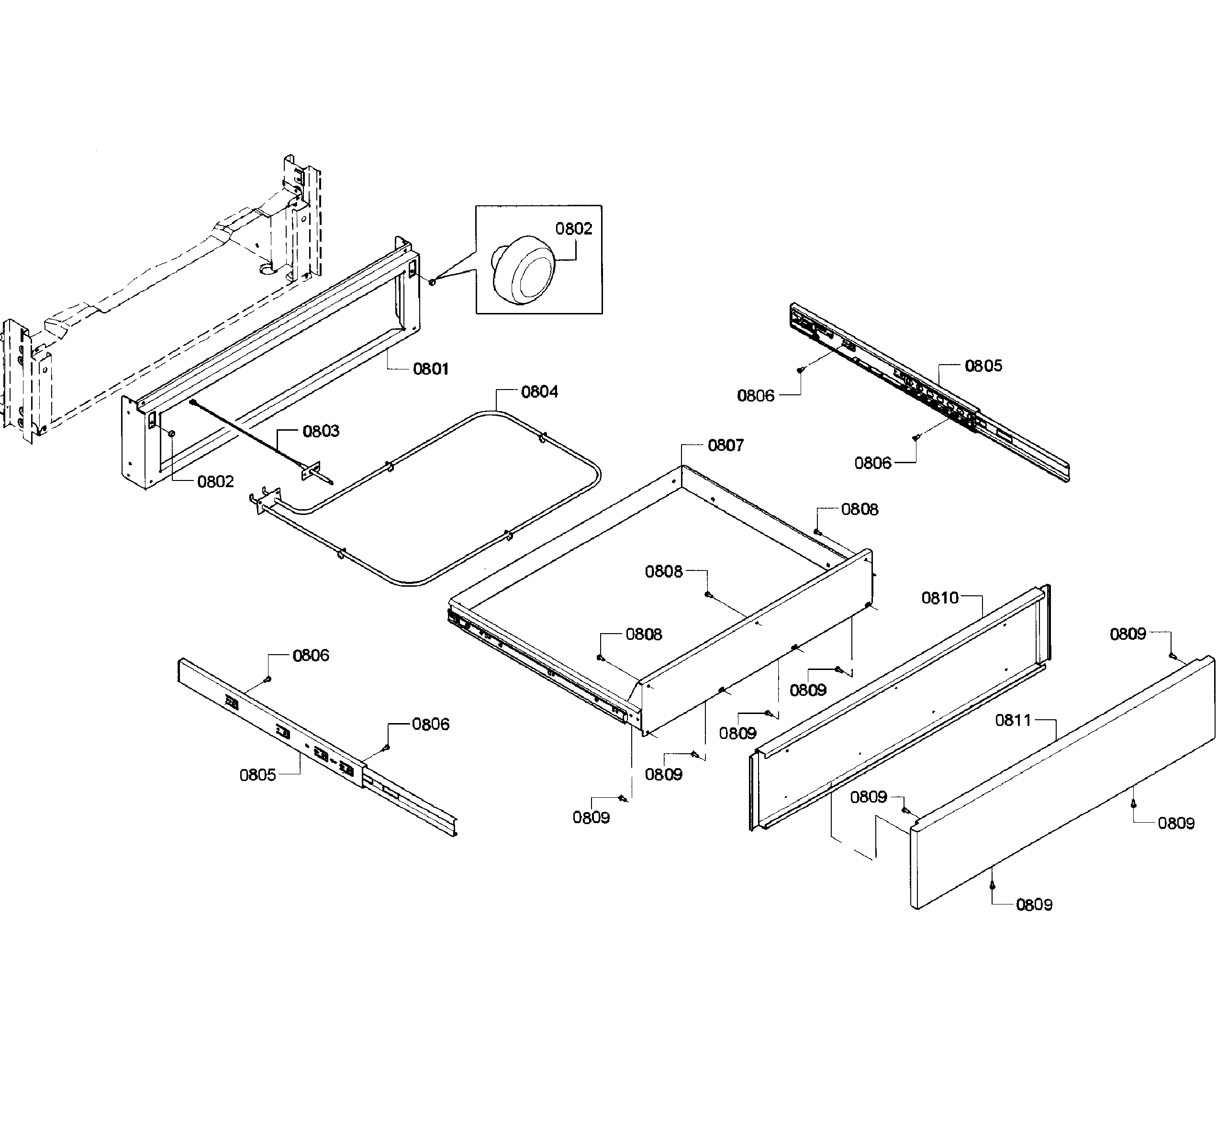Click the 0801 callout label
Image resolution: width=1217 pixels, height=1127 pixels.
coord(430,368)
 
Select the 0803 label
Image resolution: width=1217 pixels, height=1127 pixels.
coord(321,431)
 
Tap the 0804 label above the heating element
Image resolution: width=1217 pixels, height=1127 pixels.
coord(539,391)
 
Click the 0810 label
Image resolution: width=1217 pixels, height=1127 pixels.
coord(939,598)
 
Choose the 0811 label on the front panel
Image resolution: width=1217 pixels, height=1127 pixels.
coord(1013,720)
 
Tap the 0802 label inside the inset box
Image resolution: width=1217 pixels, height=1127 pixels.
coord(573,229)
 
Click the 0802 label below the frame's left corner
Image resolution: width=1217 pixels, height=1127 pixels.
coord(215,482)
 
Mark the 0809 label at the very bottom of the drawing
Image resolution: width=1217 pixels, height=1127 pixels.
coord(1034,904)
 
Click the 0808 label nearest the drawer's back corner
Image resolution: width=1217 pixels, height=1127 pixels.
coord(859,509)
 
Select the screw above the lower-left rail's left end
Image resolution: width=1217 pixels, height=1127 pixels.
coord(267,679)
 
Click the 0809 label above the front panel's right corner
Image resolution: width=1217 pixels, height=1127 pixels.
coord(1128,634)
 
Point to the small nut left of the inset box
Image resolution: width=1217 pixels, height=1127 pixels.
coord(432,282)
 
